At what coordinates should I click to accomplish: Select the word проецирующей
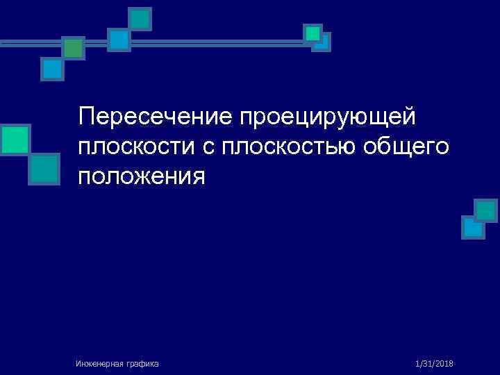[327, 116]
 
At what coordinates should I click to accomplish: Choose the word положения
[142, 176]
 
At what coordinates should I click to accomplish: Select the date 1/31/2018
[434, 364]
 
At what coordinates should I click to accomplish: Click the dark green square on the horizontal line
[73, 47]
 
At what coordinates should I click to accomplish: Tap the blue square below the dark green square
[52, 69]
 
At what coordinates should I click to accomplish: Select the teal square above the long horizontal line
[140, 19]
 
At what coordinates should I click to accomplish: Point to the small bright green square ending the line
[313, 33]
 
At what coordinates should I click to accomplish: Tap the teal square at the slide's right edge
[486, 210]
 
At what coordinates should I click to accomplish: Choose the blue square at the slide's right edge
[473, 227]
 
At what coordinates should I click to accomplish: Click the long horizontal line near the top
[208, 43]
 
